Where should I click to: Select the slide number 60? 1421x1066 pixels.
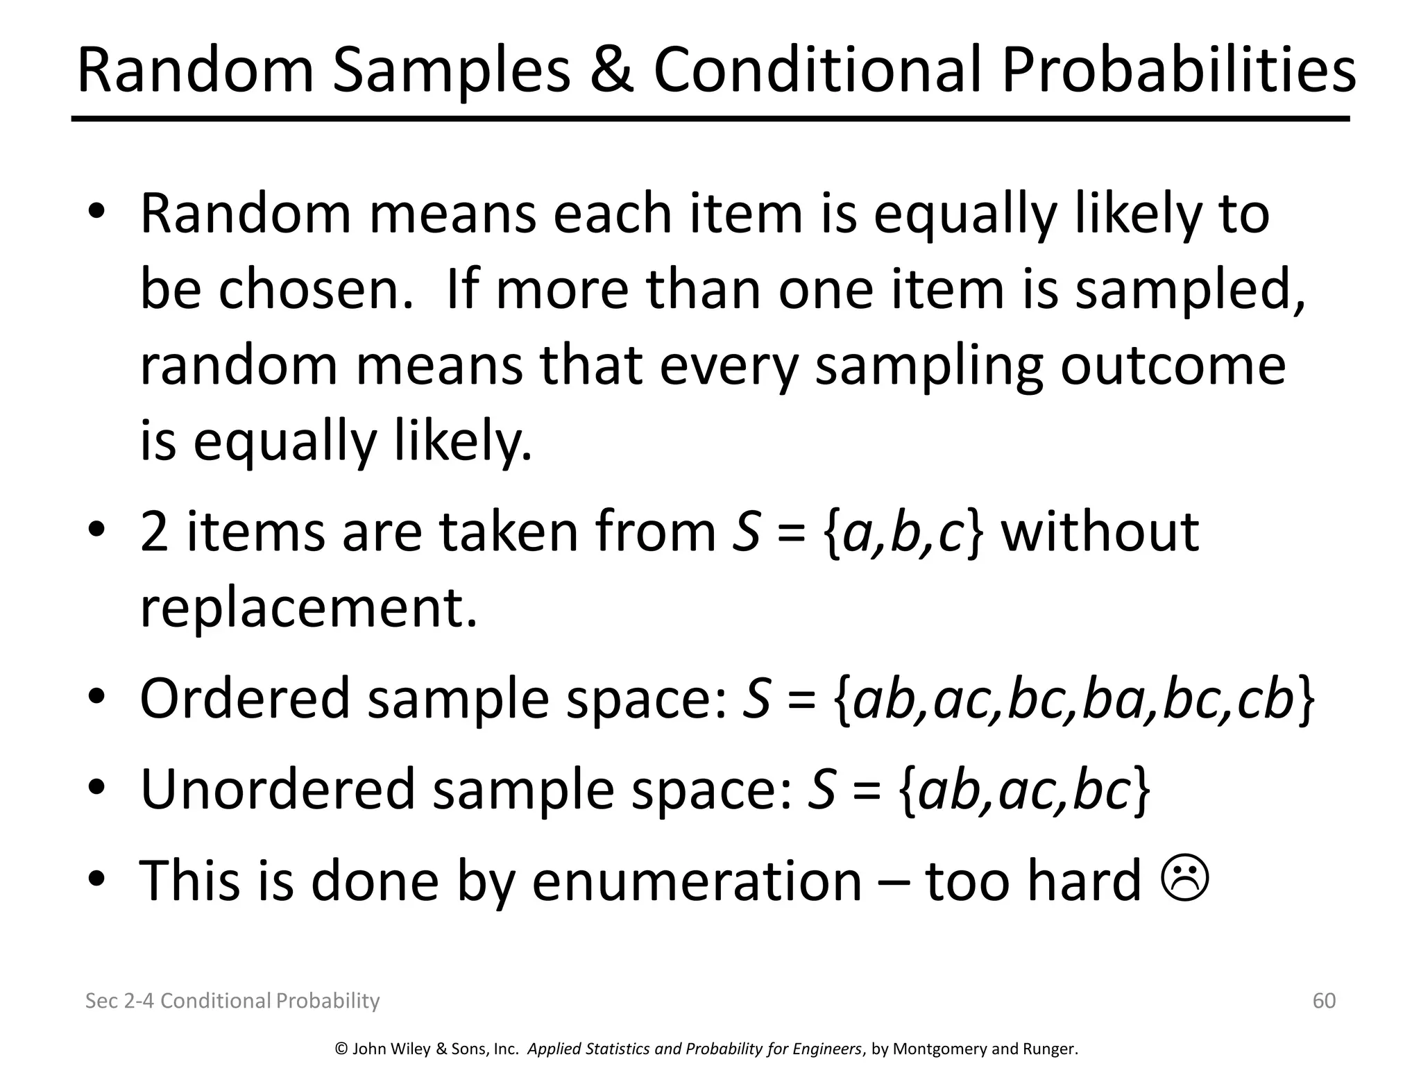[x=1324, y=1000]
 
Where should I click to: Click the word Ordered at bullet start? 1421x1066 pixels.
[x=244, y=698]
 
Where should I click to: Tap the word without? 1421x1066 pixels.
[x=1100, y=531]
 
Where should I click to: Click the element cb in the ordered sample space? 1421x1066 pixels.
[x=1266, y=699]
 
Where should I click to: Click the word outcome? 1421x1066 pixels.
[x=1173, y=365]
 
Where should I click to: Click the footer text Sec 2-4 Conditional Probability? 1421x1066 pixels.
[x=232, y=1000]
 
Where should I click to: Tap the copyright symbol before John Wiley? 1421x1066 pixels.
[x=341, y=1049]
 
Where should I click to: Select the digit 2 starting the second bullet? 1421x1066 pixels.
[x=153, y=532]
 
